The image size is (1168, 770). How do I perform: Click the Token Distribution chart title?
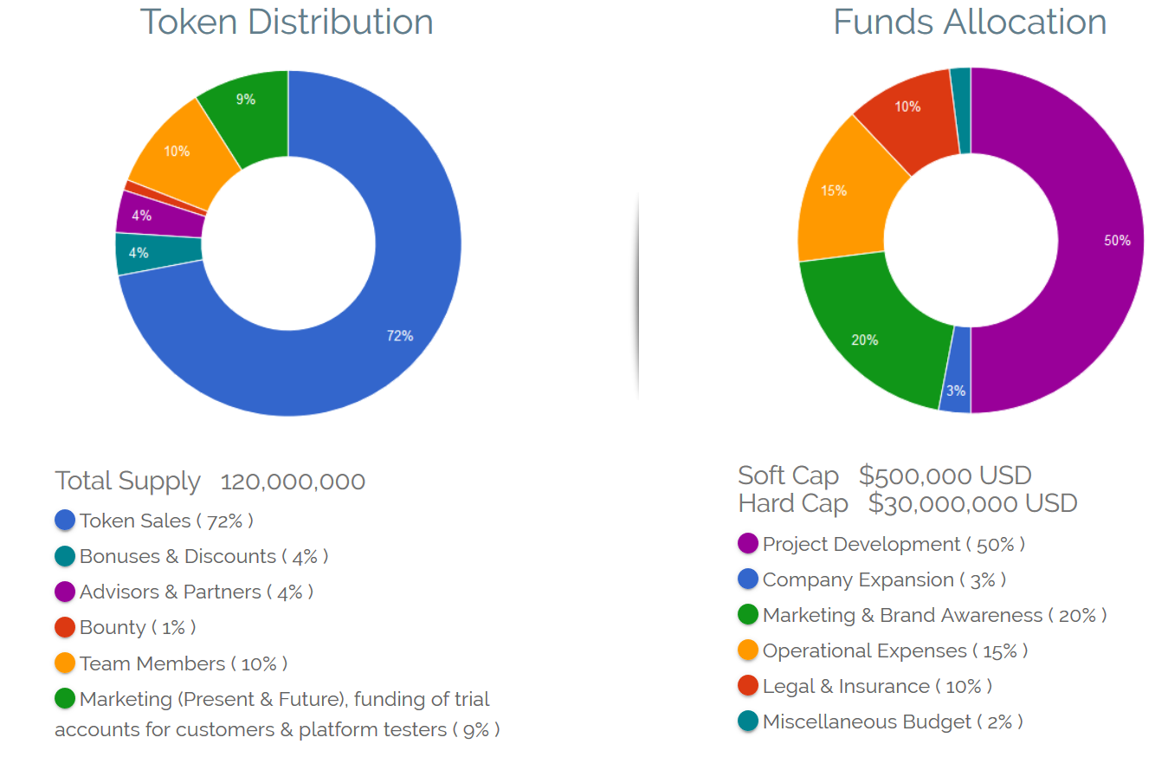tap(287, 22)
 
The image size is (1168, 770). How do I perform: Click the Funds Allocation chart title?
tap(970, 22)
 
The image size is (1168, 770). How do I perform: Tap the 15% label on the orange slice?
tap(834, 191)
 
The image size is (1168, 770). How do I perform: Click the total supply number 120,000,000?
tap(293, 482)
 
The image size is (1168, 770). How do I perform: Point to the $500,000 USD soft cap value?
tap(945, 476)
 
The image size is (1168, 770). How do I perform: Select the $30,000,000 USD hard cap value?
tap(972, 503)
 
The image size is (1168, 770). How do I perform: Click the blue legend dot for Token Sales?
tap(65, 521)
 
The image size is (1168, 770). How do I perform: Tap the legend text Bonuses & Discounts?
tap(177, 556)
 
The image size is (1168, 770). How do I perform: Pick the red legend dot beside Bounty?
tap(65, 627)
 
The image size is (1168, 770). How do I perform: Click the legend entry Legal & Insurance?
tap(846, 686)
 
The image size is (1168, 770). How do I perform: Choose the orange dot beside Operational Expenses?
tap(748, 650)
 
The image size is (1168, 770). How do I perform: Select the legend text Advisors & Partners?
tap(171, 592)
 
